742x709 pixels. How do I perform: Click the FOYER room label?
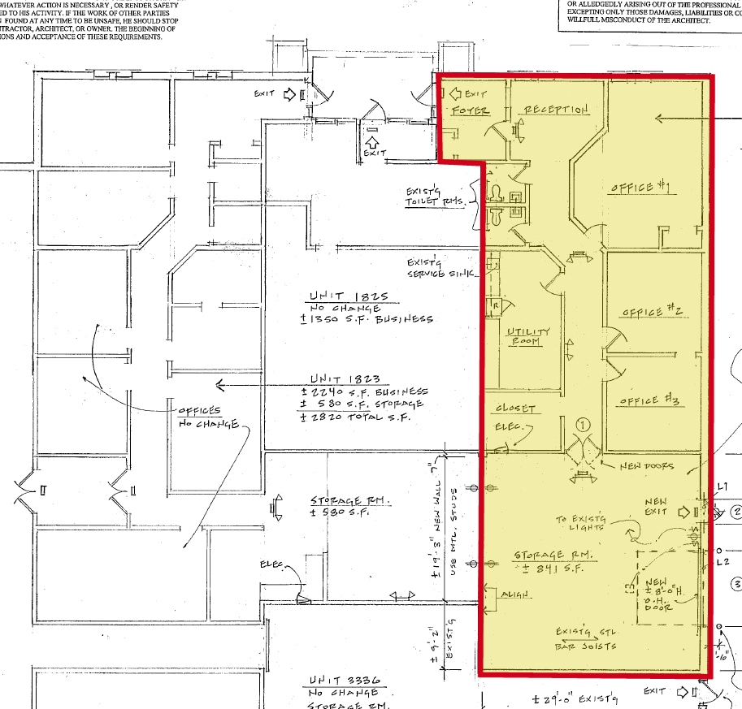tap(471, 110)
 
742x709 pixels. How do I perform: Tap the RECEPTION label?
tap(555, 110)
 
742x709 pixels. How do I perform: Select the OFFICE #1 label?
tap(640, 188)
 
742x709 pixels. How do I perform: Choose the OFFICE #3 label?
tap(649, 400)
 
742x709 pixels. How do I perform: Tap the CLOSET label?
tap(515, 408)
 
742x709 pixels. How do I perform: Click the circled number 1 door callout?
tap(582, 424)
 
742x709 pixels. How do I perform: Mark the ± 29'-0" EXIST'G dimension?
tap(570, 698)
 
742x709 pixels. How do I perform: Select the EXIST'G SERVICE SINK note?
tap(440, 268)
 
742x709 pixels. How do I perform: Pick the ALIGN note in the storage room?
tap(514, 595)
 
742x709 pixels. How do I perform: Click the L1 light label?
tap(722, 486)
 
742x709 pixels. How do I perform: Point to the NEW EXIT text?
tap(656, 506)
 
